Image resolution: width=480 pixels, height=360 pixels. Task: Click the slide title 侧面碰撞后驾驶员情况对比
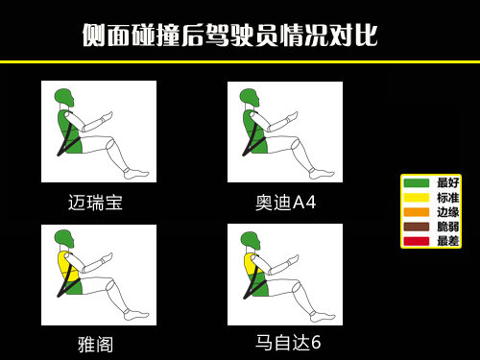pos(229,36)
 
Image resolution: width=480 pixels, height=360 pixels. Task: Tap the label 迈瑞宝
pos(95,203)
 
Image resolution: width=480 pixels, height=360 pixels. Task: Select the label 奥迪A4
pos(285,203)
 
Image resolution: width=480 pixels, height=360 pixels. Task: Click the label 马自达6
pos(288,343)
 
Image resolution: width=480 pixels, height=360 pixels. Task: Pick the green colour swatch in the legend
pos(416,182)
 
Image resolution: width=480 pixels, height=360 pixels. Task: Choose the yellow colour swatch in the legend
pos(416,197)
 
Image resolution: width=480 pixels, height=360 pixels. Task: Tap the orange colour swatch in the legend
pos(416,211)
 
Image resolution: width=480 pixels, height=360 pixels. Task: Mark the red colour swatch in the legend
pos(416,241)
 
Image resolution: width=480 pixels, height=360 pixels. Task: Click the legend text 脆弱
pos(447,227)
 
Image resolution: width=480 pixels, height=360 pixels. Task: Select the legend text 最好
pos(447,182)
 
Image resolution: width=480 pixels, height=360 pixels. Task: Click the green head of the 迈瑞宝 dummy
pos(64,97)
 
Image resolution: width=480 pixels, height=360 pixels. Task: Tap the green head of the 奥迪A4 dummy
pos(251,97)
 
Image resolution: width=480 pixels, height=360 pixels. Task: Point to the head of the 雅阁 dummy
pos(64,238)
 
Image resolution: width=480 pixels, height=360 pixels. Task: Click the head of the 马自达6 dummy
pos(251,238)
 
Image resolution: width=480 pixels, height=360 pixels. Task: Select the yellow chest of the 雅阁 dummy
pos(67,263)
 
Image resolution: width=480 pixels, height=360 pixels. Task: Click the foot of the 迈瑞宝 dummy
pos(136,174)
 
